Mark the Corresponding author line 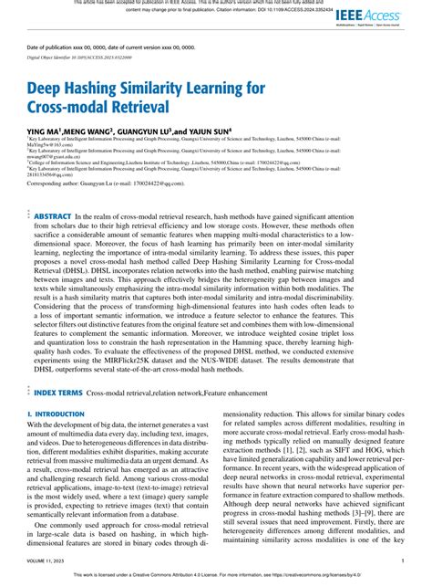(x=100, y=209)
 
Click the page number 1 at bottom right (x=402, y=562)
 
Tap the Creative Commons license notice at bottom (x=216, y=577)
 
